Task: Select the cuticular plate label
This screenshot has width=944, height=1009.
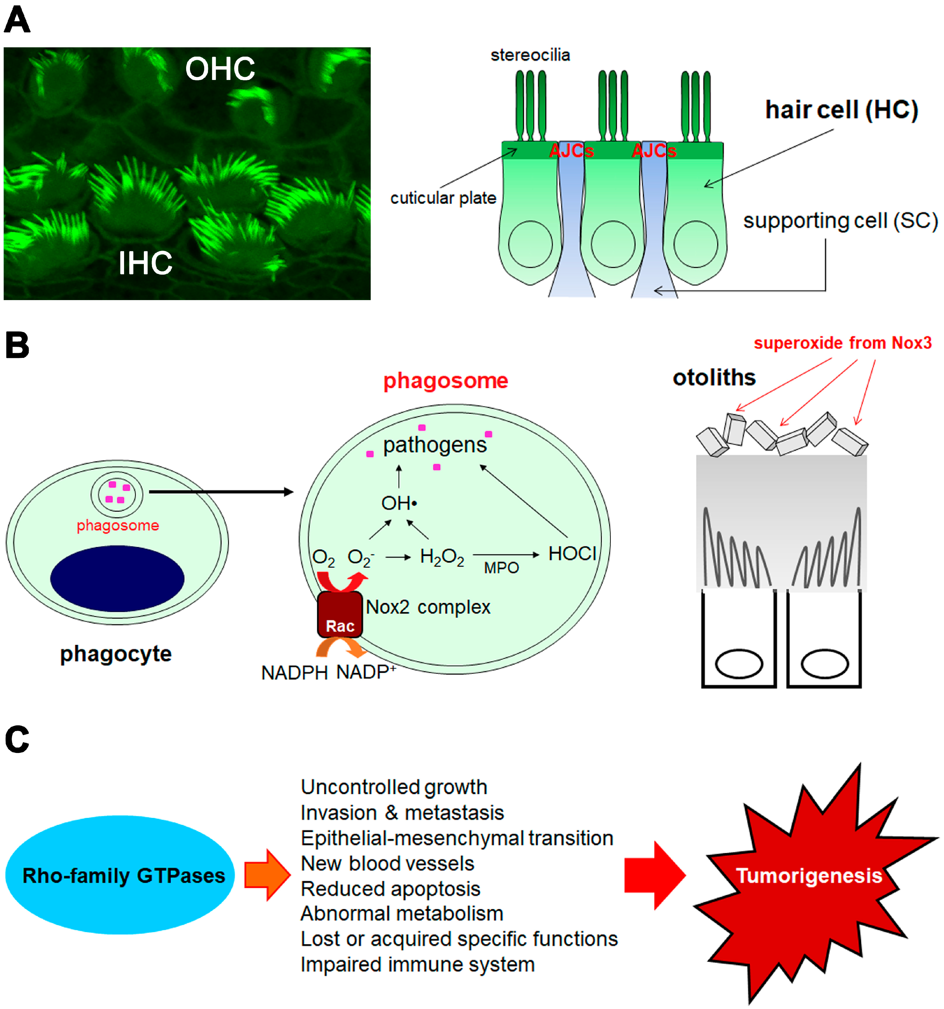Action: point(443,198)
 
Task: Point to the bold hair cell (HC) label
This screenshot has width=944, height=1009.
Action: point(842,110)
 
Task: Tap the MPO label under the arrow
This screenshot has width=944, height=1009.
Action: point(501,568)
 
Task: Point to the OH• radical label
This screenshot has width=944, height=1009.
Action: point(399,503)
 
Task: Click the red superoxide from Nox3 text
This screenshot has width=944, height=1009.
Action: point(842,343)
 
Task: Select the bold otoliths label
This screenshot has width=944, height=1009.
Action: point(714,378)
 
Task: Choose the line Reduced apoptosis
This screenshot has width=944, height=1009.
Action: point(390,889)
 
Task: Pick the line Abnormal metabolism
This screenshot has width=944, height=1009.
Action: point(401,913)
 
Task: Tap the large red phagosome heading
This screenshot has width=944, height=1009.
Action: point(445,381)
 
